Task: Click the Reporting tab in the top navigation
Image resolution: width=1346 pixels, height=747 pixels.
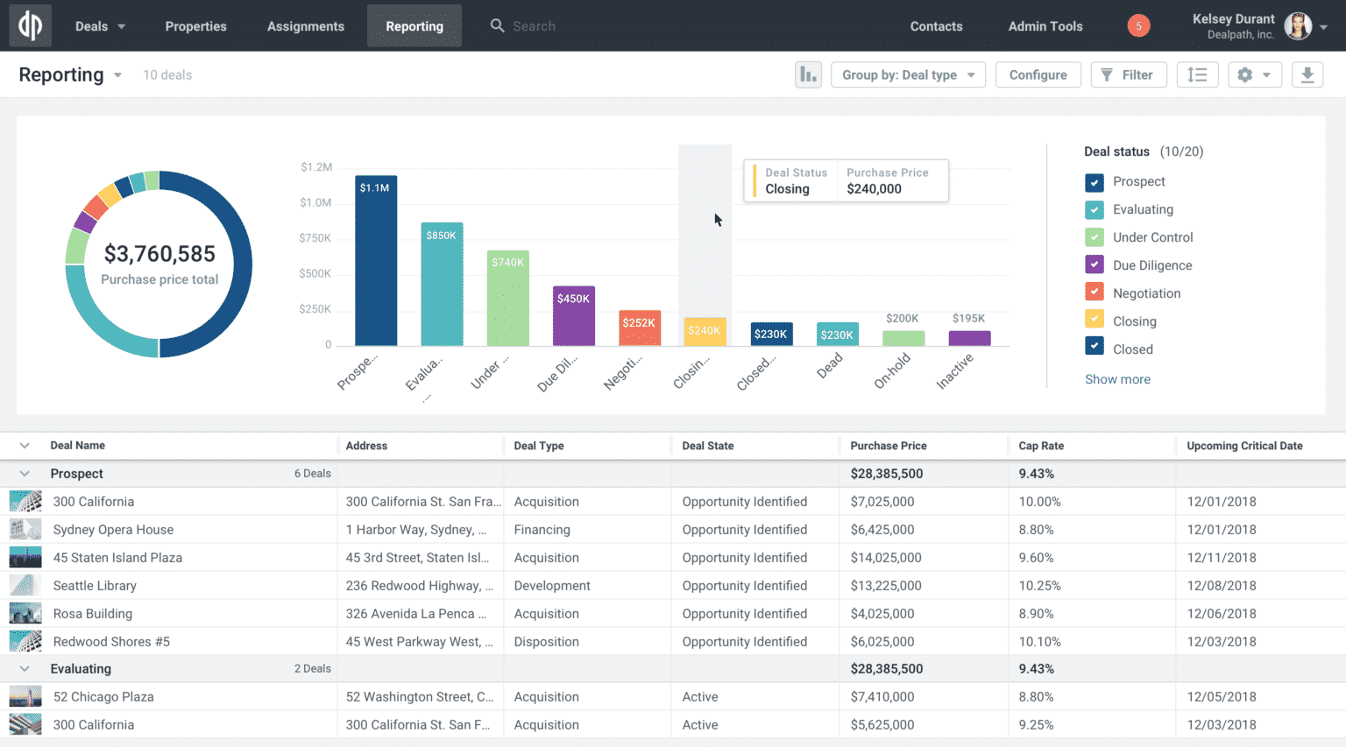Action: tap(414, 26)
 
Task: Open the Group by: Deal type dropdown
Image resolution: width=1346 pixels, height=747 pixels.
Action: tap(908, 75)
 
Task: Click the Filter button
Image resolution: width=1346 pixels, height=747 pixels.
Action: tap(1128, 75)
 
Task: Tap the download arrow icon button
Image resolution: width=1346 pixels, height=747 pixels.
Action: tap(1307, 75)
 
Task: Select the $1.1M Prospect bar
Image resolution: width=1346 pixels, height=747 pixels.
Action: tap(376, 263)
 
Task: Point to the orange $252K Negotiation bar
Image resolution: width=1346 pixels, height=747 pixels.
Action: tap(640, 328)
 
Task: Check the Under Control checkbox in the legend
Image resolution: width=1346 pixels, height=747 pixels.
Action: tap(1095, 237)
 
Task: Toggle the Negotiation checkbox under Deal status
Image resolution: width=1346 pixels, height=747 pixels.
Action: tap(1095, 293)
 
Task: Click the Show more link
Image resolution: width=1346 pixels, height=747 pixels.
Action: tap(1117, 379)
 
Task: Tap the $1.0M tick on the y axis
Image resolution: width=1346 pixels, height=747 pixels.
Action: tap(315, 202)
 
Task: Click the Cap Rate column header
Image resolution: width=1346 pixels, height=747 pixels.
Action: tap(1041, 446)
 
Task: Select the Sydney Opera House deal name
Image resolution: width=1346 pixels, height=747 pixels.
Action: tap(113, 530)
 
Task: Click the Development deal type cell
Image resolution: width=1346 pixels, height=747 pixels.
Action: tap(552, 586)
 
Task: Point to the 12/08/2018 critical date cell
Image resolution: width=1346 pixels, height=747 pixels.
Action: tap(1222, 586)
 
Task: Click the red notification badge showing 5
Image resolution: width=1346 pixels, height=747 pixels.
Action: tap(1138, 26)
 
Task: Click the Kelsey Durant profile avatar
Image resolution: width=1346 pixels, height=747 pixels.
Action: tap(1298, 26)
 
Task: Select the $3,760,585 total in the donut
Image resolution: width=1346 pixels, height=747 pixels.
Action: tap(159, 254)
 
